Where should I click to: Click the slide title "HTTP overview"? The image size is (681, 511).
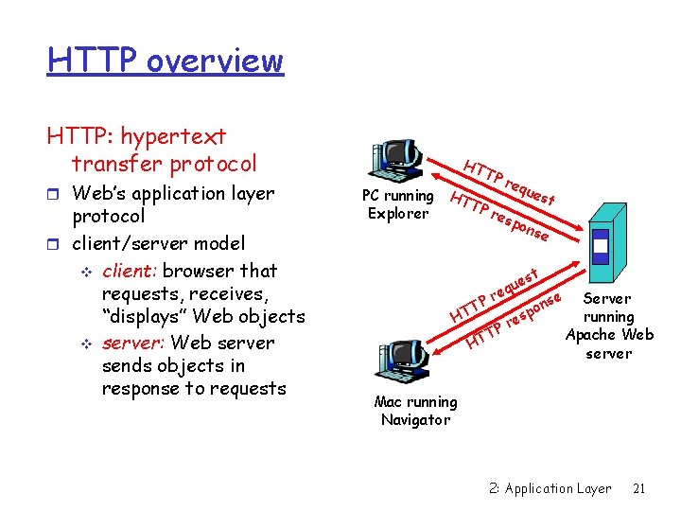tap(166, 61)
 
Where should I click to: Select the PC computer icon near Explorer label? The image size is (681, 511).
tap(397, 161)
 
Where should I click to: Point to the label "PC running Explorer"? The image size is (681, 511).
tap(398, 204)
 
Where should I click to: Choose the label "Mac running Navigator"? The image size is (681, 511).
tap(415, 411)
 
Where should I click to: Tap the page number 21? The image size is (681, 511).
tap(638, 488)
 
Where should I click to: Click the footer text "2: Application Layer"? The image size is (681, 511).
tap(550, 488)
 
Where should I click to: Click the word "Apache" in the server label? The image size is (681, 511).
tap(592, 335)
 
